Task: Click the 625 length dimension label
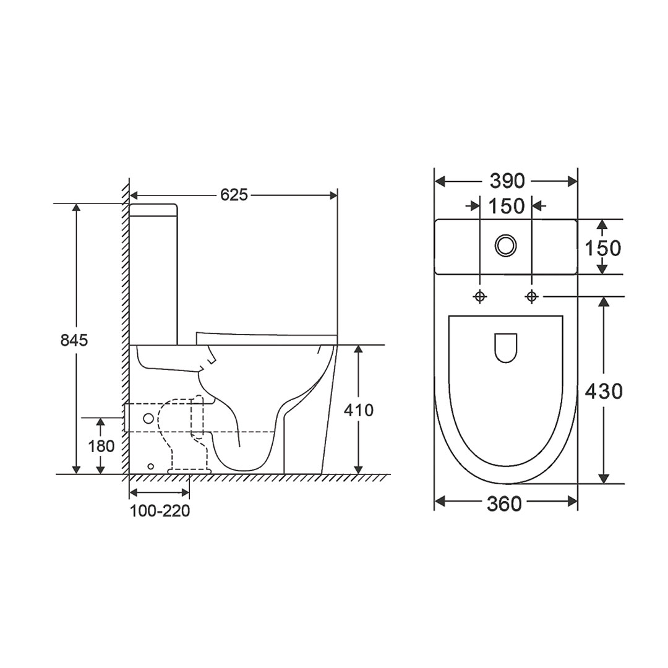(234, 195)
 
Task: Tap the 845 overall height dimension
(74, 340)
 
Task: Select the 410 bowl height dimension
(359, 410)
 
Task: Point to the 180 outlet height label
(101, 446)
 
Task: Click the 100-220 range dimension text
(160, 511)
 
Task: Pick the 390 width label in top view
(507, 181)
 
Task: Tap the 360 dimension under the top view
(505, 504)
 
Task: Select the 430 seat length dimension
(604, 391)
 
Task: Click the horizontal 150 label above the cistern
(506, 206)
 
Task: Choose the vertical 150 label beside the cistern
(602, 248)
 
